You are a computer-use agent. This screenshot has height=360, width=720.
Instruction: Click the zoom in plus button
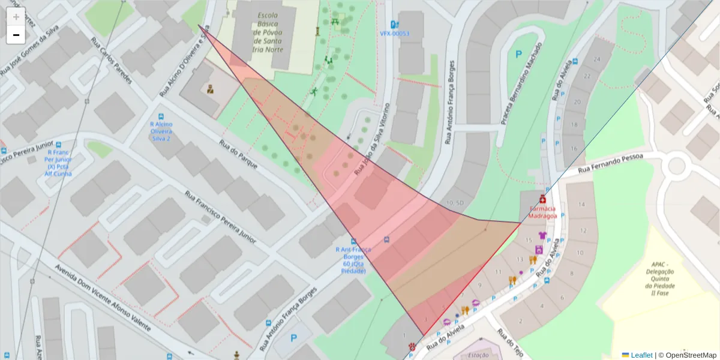(x=16, y=17)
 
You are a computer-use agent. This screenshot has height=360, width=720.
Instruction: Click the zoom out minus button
(x=16, y=35)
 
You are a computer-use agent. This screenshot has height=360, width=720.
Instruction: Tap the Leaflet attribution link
(x=641, y=355)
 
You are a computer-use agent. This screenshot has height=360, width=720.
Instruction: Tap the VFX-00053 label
(x=394, y=34)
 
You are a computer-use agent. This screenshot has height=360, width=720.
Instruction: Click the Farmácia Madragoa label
(x=542, y=212)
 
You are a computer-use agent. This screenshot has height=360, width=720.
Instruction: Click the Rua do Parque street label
(x=238, y=154)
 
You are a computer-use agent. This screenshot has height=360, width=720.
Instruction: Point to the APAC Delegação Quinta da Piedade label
(x=659, y=278)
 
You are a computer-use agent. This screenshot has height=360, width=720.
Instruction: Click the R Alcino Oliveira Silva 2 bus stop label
(x=161, y=131)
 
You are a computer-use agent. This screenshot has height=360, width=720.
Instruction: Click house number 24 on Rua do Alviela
(x=596, y=59)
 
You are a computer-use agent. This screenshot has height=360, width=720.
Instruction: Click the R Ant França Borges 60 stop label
(x=353, y=260)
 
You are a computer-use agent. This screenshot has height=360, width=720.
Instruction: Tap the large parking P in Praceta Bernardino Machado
(x=518, y=54)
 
